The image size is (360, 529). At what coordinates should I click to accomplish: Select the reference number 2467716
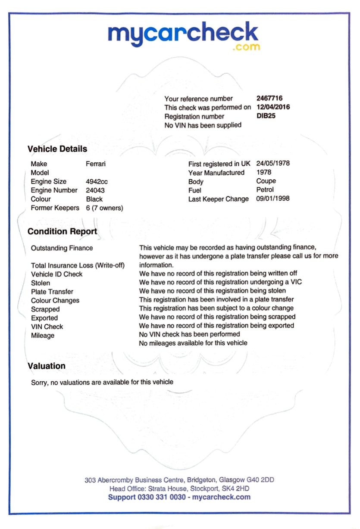pyautogui.click(x=269, y=98)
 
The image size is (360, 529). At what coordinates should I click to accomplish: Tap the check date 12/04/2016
pyautogui.click(x=273, y=107)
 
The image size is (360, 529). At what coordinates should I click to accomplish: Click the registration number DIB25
pyautogui.click(x=266, y=116)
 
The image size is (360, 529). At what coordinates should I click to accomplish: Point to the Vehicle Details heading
pyautogui.click(x=57, y=149)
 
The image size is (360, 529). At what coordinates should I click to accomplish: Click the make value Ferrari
pyautogui.click(x=96, y=164)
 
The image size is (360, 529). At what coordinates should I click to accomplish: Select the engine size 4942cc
pyautogui.click(x=97, y=182)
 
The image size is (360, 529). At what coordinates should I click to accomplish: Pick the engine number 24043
pyautogui.click(x=95, y=190)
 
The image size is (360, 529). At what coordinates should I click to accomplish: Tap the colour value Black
pyautogui.click(x=94, y=199)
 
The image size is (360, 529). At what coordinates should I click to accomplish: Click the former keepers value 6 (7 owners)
pyautogui.click(x=105, y=208)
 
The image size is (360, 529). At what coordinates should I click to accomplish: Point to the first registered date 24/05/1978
pyautogui.click(x=273, y=164)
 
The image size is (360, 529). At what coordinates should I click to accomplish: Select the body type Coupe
pyautogui.click(x=266, y=181)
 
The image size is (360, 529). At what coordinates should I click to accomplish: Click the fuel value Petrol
pyautogui.click(x=265, y=190)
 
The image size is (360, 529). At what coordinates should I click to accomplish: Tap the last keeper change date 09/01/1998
pyautogui.click(x=273, y=199)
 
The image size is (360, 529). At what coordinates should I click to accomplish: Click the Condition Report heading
pyautogui.click(x=62, y=232)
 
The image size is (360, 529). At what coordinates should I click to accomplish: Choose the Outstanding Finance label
pyautogui.click(x=62, y=248)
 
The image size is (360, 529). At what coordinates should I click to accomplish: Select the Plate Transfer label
pyautogui.click(x=52, y=292)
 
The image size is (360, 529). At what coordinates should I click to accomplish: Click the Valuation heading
pyautogui.click(x=47, y=366)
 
